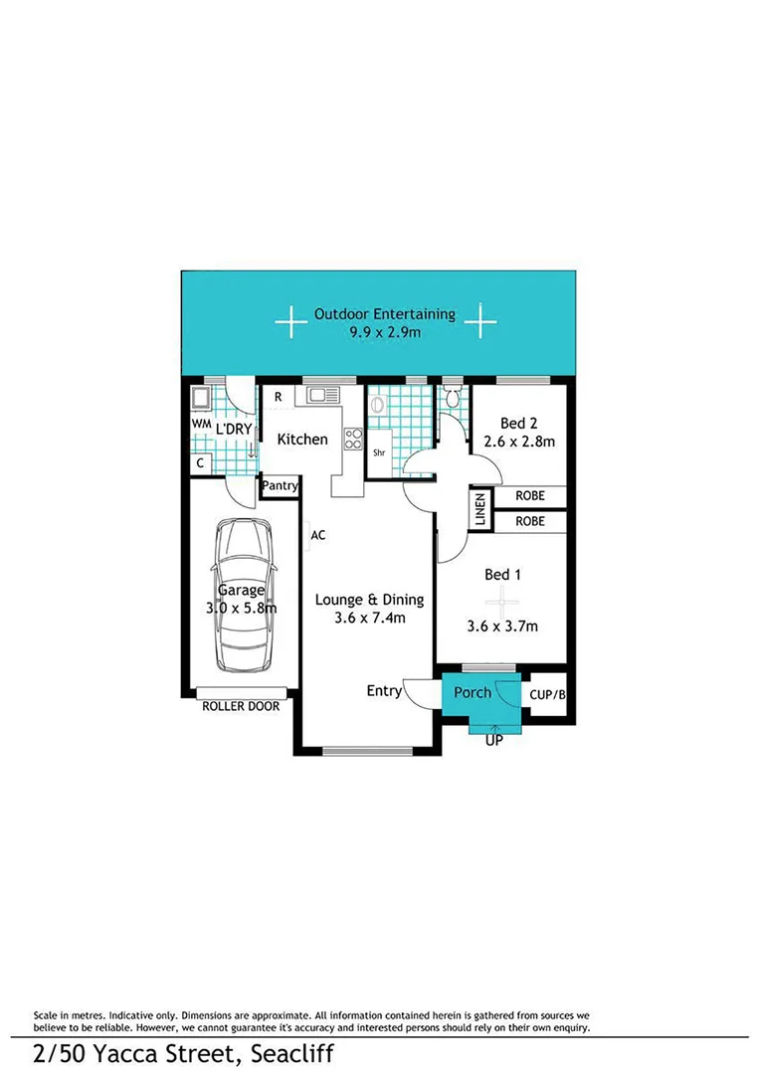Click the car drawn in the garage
coord(243,596)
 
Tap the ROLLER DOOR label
coord(241,706)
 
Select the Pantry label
coord(281,486)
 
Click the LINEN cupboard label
coord(479,510)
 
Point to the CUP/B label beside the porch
coord(548,695)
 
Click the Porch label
coord(473,692)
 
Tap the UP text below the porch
coord(492,741)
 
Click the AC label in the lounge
coord(318,535)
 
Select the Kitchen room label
coord(302,439)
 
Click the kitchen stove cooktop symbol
coord(352,438)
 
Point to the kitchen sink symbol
coord(323,396)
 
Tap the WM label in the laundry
coord(200,423)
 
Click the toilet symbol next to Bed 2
coord(453,400)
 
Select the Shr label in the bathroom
coord(379,452)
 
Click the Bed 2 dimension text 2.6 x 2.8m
coord(518,441)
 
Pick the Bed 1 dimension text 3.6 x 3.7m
coord(502,626)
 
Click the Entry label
coord(384,690)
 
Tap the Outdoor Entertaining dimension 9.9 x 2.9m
coord(384,332)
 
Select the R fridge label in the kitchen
coord(278,397)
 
